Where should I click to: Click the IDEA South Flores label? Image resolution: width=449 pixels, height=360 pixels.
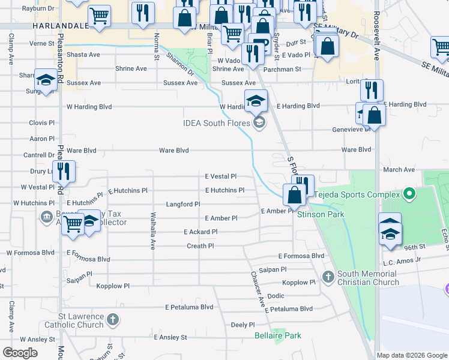[x=218, y=124]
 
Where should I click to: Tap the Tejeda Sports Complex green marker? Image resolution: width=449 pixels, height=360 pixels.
[x=409, y=194]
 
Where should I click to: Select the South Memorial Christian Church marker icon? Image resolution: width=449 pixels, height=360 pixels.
[x=328, y=277]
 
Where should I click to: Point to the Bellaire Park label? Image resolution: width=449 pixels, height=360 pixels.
[x=277, y=335]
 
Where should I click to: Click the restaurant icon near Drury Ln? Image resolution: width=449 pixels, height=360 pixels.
[x=63, y=172]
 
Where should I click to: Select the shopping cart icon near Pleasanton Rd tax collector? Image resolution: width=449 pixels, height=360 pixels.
[x=73, y=224]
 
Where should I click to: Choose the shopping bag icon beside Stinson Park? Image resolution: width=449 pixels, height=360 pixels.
[x=294, y=195]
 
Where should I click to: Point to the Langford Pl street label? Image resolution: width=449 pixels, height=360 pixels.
[x=183, y=205]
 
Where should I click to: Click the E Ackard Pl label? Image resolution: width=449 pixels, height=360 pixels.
[x=200, y=232]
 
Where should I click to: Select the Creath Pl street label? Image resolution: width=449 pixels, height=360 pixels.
[x=200, y=246]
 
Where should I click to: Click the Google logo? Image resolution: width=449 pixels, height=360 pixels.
[x=20, y=353]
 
